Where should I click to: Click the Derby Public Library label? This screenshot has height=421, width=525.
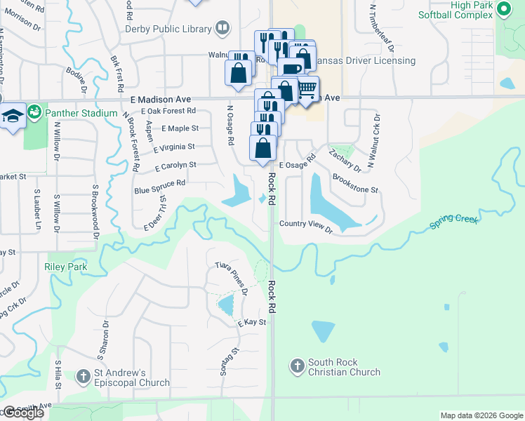point(168,29)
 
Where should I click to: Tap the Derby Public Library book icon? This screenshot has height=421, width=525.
point(222,28)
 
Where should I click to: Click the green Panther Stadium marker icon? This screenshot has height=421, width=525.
point(33,112)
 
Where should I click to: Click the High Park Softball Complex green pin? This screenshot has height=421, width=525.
point(503,9)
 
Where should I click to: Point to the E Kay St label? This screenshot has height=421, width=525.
point(252,322)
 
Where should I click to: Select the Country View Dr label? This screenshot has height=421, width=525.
point(305,224)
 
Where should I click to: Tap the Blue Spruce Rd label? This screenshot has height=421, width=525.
point(160,186)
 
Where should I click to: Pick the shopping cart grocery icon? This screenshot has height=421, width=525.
point(307,89)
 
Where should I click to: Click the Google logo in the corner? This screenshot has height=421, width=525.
point(22,413)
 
